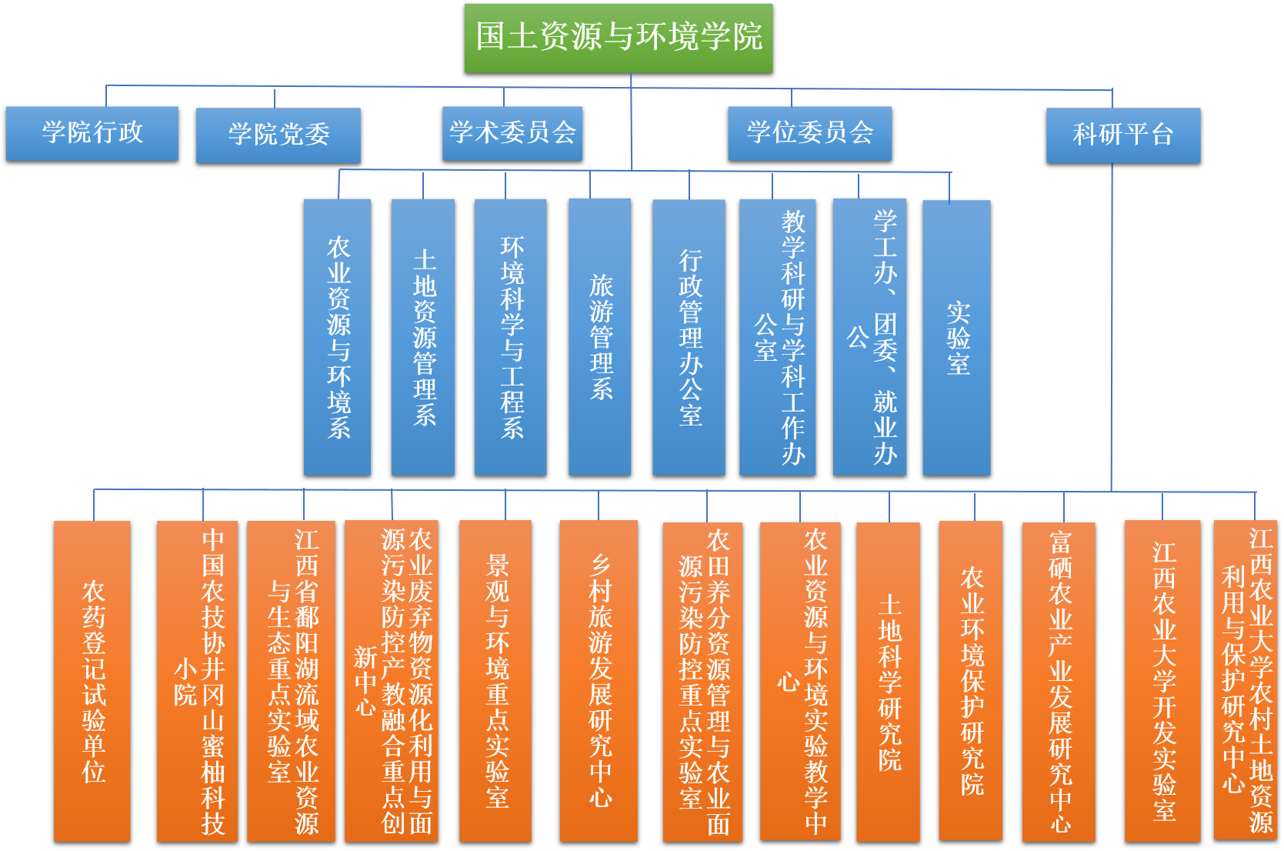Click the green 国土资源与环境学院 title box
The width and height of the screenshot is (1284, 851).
[x=619, y=38]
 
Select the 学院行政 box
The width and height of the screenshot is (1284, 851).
[x=92, y=133]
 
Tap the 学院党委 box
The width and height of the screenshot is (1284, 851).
[x=278, y=135]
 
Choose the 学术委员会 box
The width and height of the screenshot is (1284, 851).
[x=512, y=133]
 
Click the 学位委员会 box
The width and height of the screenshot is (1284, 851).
[x=810, y=133]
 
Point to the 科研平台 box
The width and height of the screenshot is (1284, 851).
[x=1123, y=135]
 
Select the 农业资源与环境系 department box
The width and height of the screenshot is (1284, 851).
[x=337, y=337]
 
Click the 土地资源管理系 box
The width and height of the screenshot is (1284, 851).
[x=423, y=337]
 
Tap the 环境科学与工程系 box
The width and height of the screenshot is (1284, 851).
[x=511, y=337]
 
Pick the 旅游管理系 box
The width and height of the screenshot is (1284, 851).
[x=600, y=337]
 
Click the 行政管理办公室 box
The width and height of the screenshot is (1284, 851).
[x=689, y=337]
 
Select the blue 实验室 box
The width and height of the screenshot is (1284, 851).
[x=956, y=337]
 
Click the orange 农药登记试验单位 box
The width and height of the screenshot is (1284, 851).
[x=92, y=681]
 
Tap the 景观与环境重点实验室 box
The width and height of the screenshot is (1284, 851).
[x=495, y=681]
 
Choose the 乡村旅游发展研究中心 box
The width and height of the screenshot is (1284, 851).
[x=599, y=681]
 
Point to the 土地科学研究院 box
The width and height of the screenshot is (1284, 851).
[x=889, y=681]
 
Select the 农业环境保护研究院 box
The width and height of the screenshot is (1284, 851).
[x=971, y=681]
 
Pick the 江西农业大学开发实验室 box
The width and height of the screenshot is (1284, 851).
[x=1162, y=681]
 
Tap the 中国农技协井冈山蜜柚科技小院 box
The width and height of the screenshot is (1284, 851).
[x=198, y=681]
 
